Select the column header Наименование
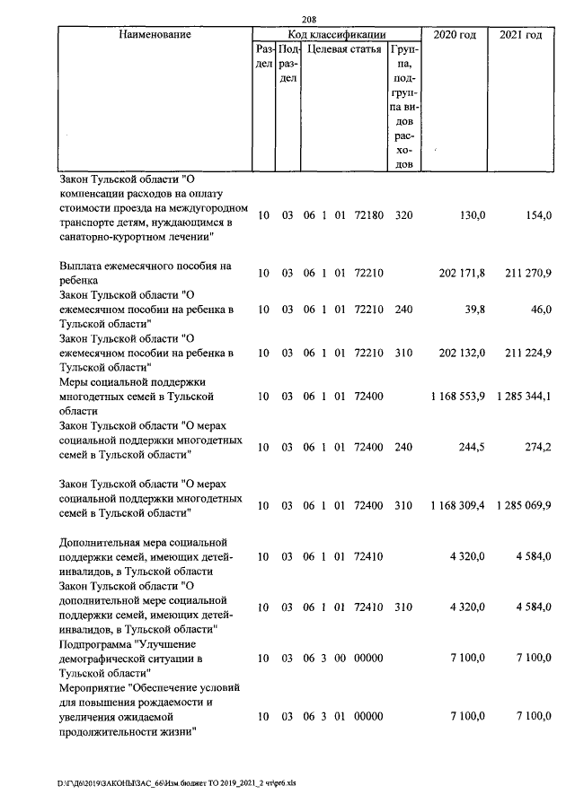154,35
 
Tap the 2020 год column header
455,35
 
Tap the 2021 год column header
520,35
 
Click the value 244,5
472,447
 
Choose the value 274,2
536,447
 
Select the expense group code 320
403,216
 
